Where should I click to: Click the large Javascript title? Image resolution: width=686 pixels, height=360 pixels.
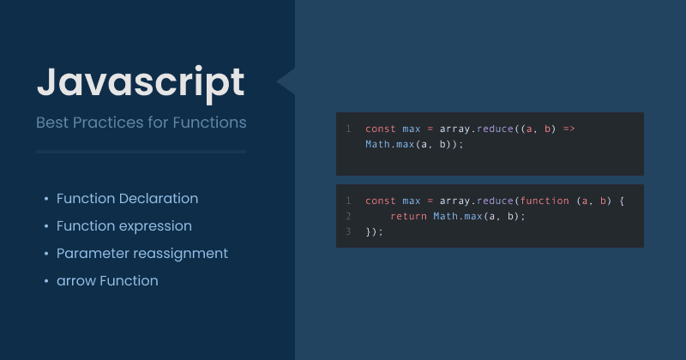click(x=141, y=82)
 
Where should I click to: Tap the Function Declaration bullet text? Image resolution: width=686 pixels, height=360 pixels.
click(x=127, y=198)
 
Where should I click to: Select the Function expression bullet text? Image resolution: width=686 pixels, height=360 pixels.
click(x=123, y=225)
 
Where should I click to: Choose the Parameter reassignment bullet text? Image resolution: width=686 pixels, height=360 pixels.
click(x=141, y=253)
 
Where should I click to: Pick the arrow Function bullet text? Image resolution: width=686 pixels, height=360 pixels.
click(x=107, y=280)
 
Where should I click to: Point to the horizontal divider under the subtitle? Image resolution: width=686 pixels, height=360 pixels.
click(x=141, y=152)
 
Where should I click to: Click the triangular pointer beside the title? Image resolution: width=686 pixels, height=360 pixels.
click(x=286, y=81)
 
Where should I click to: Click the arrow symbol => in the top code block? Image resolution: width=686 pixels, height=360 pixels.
click(x=569, y=129)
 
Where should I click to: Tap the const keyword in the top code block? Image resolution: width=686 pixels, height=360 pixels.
click(x=381, y=129)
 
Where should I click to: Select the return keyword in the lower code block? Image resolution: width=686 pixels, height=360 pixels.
click(x=408, y=216)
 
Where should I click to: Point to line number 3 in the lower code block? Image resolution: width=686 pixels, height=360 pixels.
click(x=349, y=231)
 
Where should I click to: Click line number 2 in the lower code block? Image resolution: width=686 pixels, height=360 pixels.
click(x=349, y=216)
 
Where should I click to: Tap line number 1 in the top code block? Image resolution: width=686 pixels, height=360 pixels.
click(x=349, y=129)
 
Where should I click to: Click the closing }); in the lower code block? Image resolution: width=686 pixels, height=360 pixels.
click(x=375, y=231)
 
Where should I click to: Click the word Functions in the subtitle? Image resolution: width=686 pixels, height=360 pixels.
click(x=209, y=123)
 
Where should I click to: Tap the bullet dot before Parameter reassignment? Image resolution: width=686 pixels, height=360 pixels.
click(x=45, y=254)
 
